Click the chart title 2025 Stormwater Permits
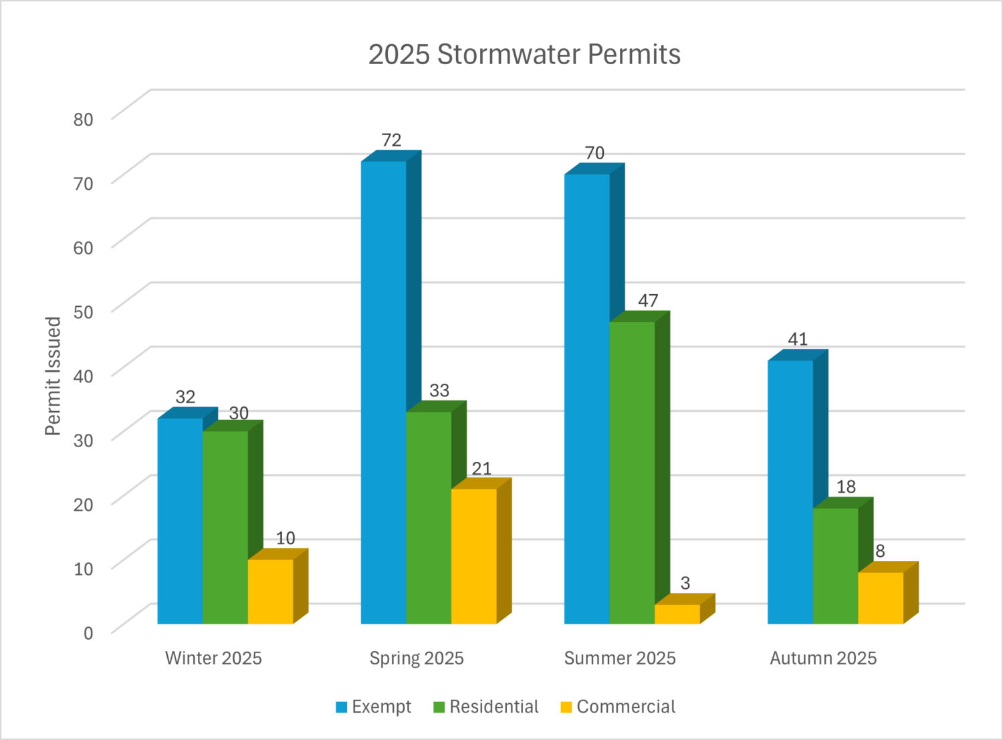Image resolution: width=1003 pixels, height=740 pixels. pos(524,54)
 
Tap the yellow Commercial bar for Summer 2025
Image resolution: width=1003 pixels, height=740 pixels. pos(677,614)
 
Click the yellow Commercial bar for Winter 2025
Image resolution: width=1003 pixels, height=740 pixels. pos(270,592)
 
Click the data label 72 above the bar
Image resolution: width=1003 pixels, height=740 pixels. pos(391,140)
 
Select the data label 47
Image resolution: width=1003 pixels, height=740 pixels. pos(648,301)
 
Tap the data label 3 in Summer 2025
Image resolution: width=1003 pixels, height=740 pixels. pos(685,583)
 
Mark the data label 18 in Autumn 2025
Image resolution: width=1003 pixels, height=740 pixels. pos(846,487)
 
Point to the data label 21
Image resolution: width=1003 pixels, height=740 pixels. pos(481,469)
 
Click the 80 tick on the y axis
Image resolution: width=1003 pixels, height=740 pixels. pos(84,120)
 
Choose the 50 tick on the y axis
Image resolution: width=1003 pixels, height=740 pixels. pos(84,312)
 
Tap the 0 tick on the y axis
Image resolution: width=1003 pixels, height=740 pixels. pos(88,632)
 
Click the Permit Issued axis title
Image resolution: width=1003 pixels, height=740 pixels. pos(53,376)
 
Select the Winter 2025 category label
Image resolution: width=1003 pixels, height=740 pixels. pos(213,658)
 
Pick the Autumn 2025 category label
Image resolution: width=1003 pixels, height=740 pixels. pos(823,658)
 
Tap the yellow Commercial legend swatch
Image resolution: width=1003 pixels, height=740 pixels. pos(566,707)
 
